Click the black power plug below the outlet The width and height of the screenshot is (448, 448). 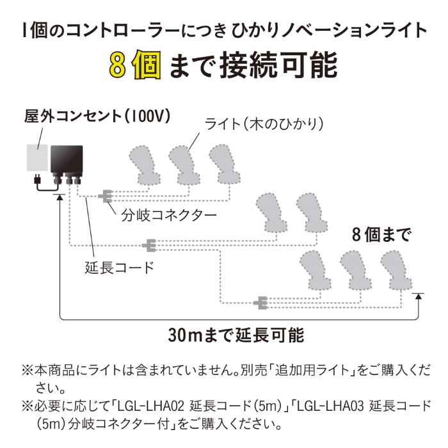tap(36, 180)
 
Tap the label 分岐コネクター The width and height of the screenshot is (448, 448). tap(169, 214)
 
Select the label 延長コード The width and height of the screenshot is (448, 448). tap(120, 267)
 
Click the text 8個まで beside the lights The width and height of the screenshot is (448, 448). tap(381, 234)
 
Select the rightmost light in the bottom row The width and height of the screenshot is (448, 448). tap(396, 269)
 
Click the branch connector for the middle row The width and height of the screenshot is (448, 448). tap(148, 244)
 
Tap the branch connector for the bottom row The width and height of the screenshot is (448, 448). tap(260, 301)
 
